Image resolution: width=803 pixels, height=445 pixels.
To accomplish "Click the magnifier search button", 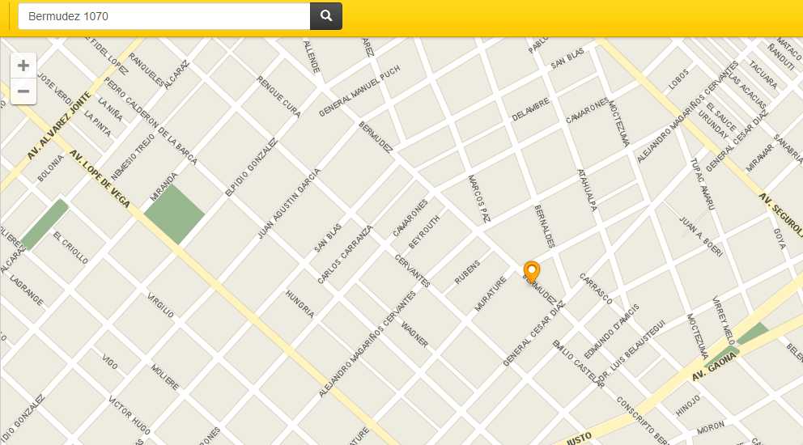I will coord(326,16).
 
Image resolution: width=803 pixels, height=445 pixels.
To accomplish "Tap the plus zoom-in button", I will coord(23,66).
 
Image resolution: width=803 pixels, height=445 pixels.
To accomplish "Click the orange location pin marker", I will coord(532,271).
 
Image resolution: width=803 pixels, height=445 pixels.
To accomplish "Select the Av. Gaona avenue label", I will coord(714,367).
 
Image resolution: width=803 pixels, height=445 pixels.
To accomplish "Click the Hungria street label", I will coord(300,304).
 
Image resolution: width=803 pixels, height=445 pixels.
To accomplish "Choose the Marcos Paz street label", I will coord(479,197).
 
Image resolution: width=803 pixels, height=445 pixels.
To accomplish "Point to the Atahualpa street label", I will coord(586,190).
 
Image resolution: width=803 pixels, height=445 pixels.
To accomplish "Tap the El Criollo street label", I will coord(70,248).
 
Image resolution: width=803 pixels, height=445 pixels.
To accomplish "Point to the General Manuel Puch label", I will coord(359,92).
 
